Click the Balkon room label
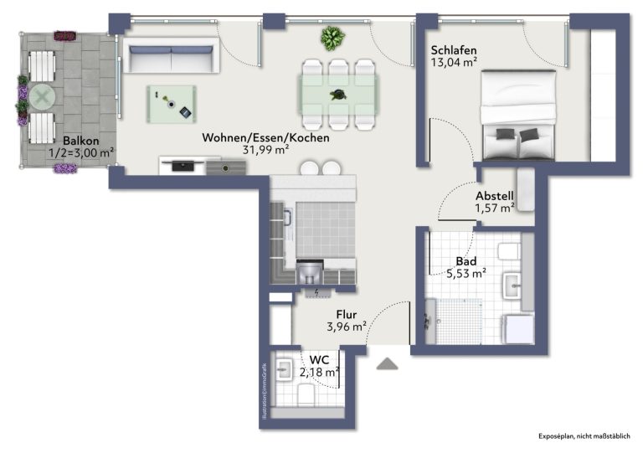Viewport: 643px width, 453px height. (80, 141)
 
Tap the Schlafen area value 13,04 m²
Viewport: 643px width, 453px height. (454, 62)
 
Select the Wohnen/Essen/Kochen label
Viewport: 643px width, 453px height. (265, 138)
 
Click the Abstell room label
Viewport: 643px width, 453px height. (494, 196)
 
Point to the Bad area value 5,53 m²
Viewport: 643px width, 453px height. (466, 274)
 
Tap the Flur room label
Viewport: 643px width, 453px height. (347, 315)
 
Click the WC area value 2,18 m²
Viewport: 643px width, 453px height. (320, 373)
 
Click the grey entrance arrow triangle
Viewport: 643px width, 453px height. (387, 363)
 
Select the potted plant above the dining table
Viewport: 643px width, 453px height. (332, 39)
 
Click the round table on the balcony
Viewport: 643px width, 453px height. (42, 97)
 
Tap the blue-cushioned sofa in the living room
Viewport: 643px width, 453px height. (171, 56)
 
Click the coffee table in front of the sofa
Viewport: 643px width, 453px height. (172, 104)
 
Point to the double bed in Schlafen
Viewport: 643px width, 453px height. (518, 115)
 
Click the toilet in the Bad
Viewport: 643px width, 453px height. (510, 251)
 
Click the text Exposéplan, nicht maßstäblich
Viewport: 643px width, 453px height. (584, 436)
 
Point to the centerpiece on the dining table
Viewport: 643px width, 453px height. (338, 95)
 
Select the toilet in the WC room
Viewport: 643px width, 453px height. (306, 394)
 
